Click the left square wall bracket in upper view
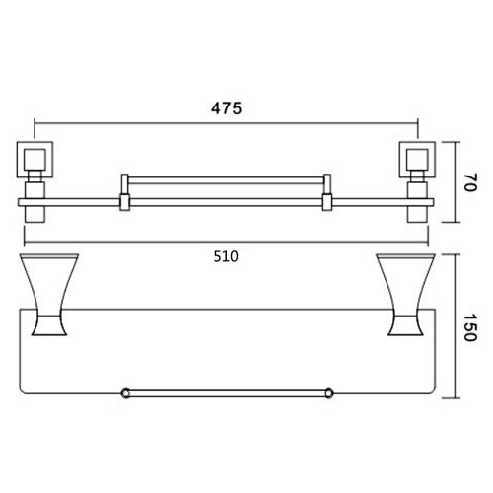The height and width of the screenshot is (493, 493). (36, 159)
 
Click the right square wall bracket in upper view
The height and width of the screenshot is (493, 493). (412, 159)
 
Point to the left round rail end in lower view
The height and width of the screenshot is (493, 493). (124, 394)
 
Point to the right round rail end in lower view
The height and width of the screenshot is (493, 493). (324, 394)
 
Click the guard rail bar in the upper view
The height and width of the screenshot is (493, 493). (225, 180)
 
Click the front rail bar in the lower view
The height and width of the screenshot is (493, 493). (225, 394)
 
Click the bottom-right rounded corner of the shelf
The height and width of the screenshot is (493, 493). (426, 397)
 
